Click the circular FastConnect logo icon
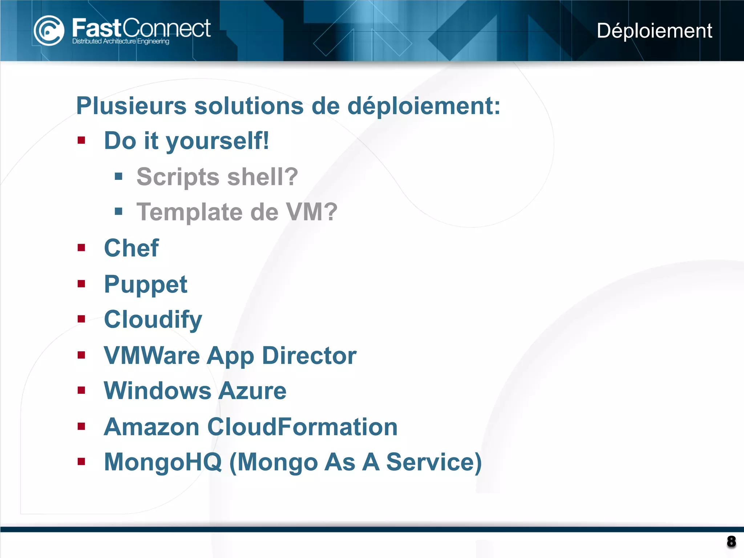tap(49, 31)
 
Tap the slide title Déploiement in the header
tap(654, 31)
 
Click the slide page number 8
tap(731, 542)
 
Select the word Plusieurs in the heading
tap(131, 106)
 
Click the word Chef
tap(131, 248)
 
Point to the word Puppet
tap(145, 284)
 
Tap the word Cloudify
tap(153, 320)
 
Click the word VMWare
tap(151, 355)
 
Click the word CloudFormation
tap(302, 426)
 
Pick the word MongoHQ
tap(163, 462)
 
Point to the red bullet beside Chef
tap(81, 248)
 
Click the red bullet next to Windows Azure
tap(81, 391)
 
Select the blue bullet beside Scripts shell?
tap(118, 177)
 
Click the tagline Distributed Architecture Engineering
tap(121, 41)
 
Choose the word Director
tap(309, 355)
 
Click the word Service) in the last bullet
tap(434, 462)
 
